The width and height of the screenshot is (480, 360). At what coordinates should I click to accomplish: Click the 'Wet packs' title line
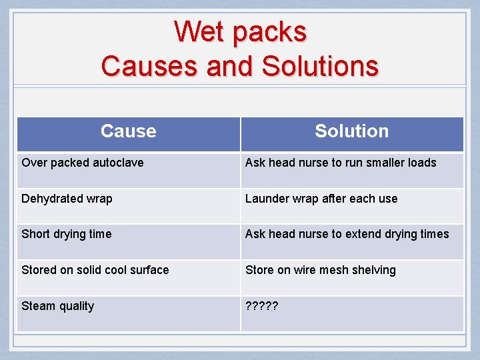coord(240,31)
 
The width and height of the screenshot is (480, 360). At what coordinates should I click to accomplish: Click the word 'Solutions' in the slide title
coord(320,66)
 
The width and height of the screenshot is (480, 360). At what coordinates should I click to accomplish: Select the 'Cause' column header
coord(128,131)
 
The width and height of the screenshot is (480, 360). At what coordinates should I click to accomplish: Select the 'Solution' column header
coord(351,131)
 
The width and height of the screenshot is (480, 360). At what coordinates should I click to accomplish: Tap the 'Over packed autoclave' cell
coord(83,163)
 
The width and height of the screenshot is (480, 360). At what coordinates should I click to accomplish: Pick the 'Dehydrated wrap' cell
coord(67,199)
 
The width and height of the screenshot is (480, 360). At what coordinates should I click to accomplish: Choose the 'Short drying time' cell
coord(67,234)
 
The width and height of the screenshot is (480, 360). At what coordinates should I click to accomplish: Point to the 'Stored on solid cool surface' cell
coord(95,270)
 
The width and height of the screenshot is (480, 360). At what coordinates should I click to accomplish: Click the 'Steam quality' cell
coord(58,306)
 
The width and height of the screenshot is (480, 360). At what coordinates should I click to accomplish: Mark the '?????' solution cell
coord(262,306)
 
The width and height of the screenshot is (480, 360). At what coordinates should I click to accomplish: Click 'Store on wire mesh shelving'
coord(321,270)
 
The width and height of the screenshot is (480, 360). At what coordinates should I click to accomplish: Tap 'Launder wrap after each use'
coord(321,199)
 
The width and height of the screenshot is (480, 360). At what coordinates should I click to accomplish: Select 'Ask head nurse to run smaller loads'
coord(341,163)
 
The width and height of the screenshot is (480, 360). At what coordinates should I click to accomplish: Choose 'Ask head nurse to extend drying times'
coord(347,234)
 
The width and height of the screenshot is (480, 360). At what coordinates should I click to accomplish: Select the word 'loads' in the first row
coord(421,163)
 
